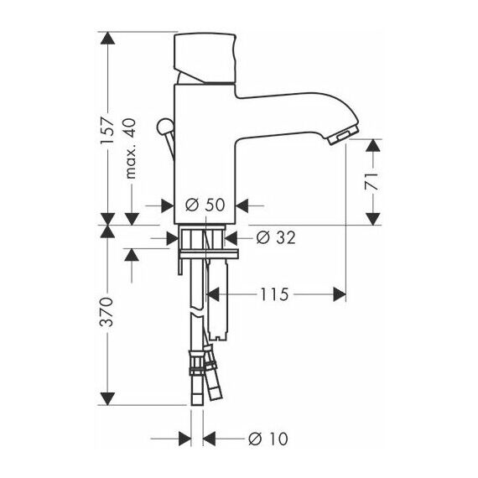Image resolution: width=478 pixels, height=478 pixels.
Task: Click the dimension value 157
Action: coord(107,130)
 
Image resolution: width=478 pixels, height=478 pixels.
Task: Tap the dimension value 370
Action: coord(107,312)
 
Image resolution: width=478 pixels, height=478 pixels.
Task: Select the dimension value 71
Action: coord(371,182)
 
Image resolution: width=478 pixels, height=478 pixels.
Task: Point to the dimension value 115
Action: coord(274,294)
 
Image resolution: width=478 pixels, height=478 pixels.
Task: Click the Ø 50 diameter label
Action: coord(205,205)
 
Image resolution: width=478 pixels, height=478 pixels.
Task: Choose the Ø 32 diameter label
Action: coord(276,237)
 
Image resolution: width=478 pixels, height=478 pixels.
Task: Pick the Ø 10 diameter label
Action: coord(268,439)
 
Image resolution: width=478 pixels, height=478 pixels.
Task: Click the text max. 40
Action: coord(130,148)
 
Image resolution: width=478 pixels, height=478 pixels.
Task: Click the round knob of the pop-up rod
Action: coord(164,125)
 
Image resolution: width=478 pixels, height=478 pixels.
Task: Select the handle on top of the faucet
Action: coord(205,58)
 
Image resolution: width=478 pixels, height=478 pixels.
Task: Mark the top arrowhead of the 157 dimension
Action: coord(107,38)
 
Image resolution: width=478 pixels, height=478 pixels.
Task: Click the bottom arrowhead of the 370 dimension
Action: coord(107,398)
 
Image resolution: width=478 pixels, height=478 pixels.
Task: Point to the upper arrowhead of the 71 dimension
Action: coord(373,145)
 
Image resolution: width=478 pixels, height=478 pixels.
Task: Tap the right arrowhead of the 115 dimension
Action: coord(340,294)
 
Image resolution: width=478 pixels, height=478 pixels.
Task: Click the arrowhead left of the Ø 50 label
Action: coord(168,205)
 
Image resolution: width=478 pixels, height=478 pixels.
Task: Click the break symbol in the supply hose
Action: coord(197,314)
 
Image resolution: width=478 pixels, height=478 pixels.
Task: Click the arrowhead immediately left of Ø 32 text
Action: coord(231,238)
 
